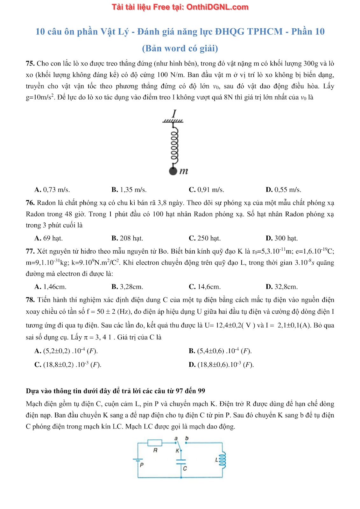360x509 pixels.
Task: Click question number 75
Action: point(30,64)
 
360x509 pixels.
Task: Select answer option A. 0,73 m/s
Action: point(52,190)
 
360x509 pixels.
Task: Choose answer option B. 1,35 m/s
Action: point(129,190)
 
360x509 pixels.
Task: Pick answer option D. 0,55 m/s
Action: point(283,190)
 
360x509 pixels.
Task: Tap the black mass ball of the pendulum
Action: point(173,171)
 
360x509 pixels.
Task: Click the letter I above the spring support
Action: point(174,114)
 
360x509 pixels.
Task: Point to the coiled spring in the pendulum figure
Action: point(174,145)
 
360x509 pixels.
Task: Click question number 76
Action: point(30,203)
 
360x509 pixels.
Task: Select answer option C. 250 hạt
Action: point(205,238)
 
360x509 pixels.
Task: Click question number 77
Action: point(30,251)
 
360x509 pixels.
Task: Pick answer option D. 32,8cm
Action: point(282,287)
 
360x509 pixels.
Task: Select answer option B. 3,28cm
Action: point(127,287)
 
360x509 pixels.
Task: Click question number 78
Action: point(30,300)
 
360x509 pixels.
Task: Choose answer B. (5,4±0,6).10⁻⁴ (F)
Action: point(220,351)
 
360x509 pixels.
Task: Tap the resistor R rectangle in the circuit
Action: point(155,443)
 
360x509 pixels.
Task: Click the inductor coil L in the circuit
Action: point(222,460)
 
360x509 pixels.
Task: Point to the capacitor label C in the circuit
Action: point(185,469)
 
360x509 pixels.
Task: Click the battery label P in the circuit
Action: point(142,465)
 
